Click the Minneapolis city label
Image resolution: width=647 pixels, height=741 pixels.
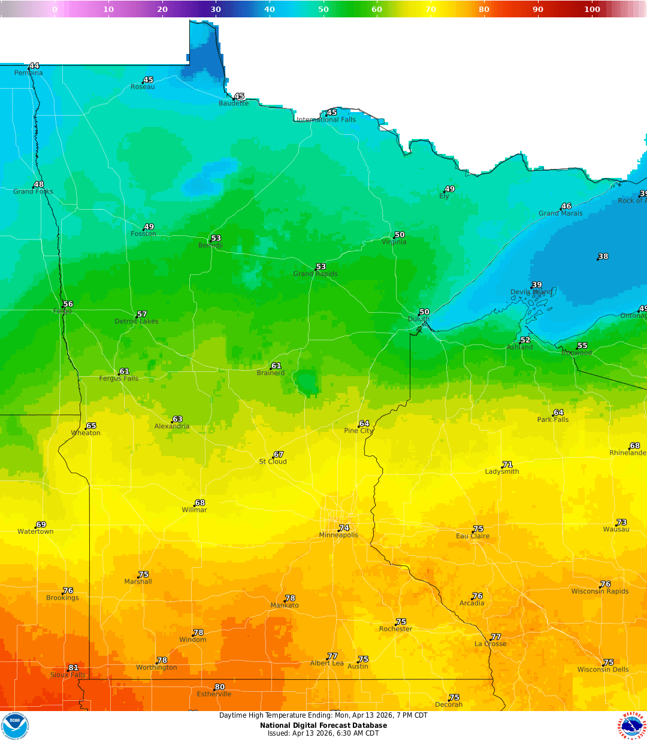[338, 535]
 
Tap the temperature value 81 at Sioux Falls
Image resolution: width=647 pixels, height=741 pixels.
[73, 667]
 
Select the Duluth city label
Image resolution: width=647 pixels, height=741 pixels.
[419, 319]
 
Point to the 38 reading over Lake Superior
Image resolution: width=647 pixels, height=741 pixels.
[603, 256]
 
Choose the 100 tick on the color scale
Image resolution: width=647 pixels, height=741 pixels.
[592, 9]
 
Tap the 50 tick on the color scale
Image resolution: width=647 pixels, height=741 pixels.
[323, 9]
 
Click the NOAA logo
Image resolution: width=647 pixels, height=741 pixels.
[15, 726]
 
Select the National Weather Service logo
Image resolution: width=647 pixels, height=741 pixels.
[633, 726]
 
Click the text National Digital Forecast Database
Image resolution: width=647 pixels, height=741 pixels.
[323, 725]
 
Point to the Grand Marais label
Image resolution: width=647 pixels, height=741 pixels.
[560, 213]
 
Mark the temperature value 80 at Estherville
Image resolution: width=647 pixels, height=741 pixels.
[220, 687]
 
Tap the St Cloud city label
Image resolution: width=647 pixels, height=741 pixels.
[273, 461]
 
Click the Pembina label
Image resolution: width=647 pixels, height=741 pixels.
[29, 73]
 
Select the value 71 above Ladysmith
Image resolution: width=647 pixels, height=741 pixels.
[507, 464]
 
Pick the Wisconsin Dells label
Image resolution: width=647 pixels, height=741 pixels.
[603, 670]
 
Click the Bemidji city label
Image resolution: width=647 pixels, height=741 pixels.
[210, 246]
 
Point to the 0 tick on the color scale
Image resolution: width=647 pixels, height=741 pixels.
[55, 9]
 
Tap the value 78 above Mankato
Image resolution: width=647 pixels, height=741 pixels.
[290, 598]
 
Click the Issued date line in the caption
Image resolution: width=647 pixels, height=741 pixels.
[323, 733]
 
